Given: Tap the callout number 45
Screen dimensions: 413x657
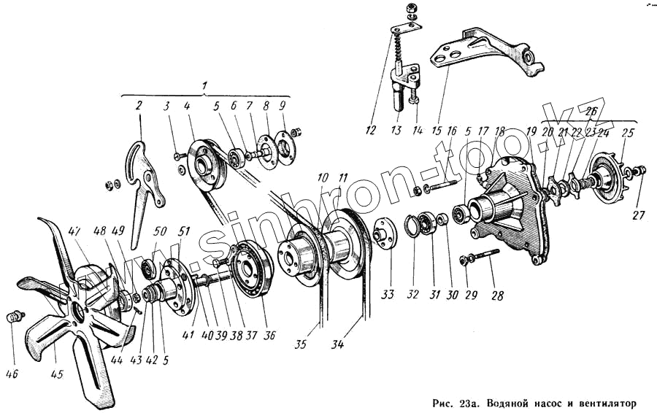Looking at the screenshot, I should click(x=58, y=377).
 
